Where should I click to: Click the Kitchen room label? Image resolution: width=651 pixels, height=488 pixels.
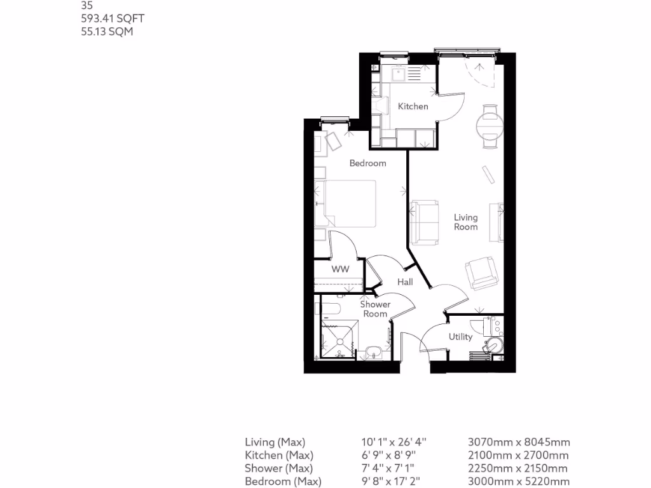point(413,106)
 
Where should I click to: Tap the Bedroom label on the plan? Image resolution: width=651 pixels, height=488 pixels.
point(367,163)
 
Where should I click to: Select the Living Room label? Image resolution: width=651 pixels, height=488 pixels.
point(465,222)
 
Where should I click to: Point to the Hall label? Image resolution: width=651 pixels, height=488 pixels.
point(405,281)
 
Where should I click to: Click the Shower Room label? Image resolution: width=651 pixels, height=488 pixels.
point(375,309)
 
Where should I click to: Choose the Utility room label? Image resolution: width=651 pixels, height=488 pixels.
point(460,337)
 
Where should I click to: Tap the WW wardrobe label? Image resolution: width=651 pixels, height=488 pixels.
point(341,269)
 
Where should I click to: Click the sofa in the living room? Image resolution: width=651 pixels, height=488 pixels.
point(424,222)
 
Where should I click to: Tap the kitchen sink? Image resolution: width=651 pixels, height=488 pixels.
point(399,74)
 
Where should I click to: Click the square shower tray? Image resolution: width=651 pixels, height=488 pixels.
point(339,339)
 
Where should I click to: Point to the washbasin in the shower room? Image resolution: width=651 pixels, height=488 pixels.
point(374,351)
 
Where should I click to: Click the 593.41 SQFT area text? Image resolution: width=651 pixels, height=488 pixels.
point(108,19)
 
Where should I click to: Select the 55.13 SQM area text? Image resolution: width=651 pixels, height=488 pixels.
point(107,31)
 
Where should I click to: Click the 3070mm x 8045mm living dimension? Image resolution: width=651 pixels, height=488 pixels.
point(519,442)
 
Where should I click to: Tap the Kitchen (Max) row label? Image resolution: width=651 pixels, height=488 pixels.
point(279,455)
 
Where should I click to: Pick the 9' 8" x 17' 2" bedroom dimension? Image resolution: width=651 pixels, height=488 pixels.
point(394,481)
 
